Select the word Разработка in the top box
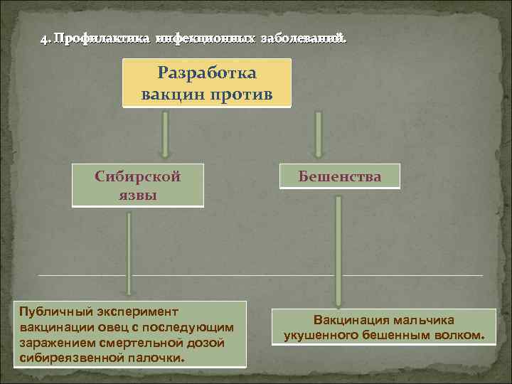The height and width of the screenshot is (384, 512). (207, 74)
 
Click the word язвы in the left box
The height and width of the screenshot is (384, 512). (138, 194)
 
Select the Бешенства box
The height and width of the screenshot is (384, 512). (340, 176)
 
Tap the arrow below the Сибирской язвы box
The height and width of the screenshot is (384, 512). (129, 252)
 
